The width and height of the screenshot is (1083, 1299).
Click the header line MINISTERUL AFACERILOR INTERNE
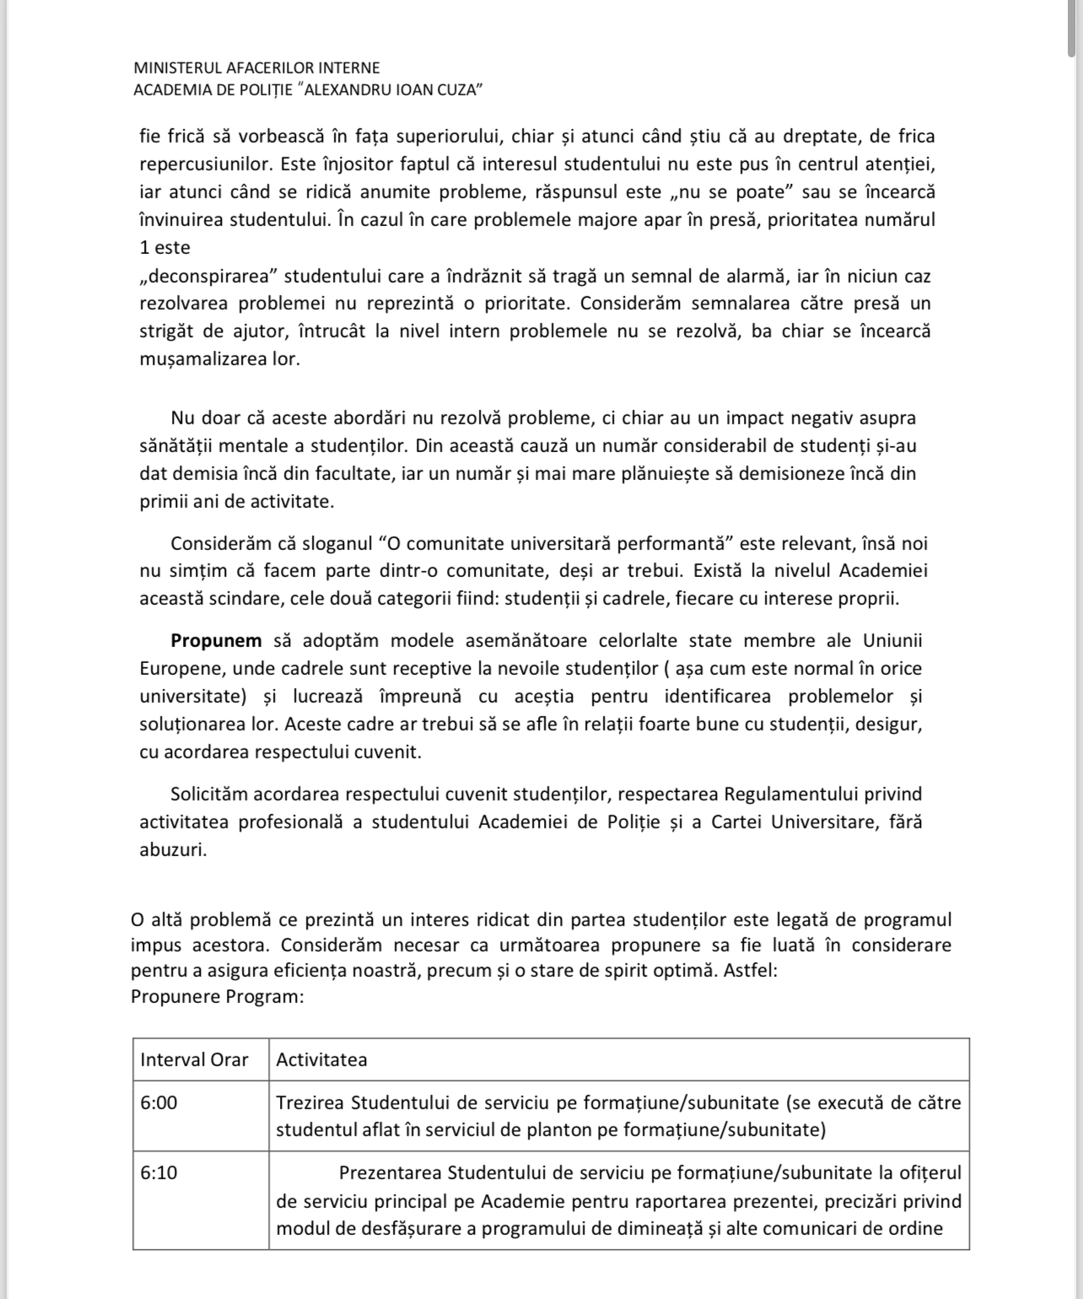tap(256, 67)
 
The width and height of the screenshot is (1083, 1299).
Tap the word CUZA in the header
tap(459, 90)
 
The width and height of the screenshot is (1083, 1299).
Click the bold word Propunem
tap(216, 640)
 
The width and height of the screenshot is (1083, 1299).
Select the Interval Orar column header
tap(194, 1059)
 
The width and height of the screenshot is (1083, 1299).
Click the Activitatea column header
tap(321, 1059)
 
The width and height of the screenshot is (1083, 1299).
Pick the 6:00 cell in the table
tap(159, 1102)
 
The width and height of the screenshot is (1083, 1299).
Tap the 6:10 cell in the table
tap(159, 1172)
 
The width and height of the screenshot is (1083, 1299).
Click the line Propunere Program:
tap(217, 997)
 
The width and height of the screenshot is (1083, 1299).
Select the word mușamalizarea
tap(218, 358)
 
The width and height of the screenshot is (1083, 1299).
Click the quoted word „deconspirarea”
tap(209, 276)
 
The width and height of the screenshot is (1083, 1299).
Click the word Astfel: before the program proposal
tap(750, 970)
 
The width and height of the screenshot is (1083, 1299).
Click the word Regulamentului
tap(790, 794)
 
